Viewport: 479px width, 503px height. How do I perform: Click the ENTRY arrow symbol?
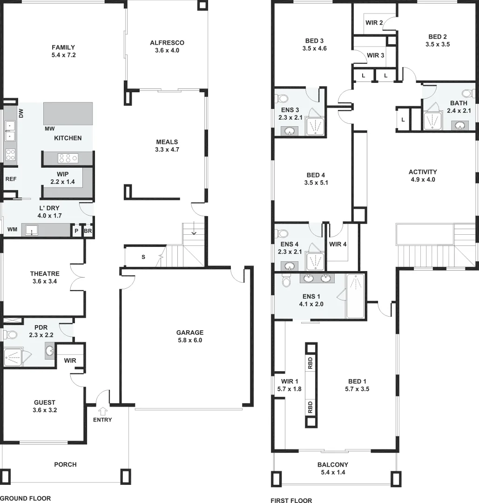(102, 411)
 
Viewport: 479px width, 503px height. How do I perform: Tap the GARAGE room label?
(189, 333)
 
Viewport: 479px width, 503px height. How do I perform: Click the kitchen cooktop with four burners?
(67, 158)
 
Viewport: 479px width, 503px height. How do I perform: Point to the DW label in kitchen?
(21, 113)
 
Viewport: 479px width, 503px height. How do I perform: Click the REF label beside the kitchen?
(10, 179)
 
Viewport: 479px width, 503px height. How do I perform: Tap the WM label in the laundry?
(12, 230)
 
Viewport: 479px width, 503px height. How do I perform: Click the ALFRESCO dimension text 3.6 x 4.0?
(167, 50)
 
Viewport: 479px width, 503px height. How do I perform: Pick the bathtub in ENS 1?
(356, 296)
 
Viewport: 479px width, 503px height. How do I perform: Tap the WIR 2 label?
(374, 22)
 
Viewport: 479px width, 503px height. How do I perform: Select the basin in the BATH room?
(460, 125)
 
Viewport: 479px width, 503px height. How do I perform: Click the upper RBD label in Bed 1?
(310, 362)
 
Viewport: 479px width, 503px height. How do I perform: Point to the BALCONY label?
(333, 464)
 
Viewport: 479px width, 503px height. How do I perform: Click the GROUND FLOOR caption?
(25, 498)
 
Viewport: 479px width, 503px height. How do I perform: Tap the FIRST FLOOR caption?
(291, 501)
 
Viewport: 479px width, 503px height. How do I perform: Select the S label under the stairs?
(143, 257)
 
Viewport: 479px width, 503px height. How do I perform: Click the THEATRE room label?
(45, 274)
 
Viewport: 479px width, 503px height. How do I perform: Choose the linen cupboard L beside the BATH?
(402, 120)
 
